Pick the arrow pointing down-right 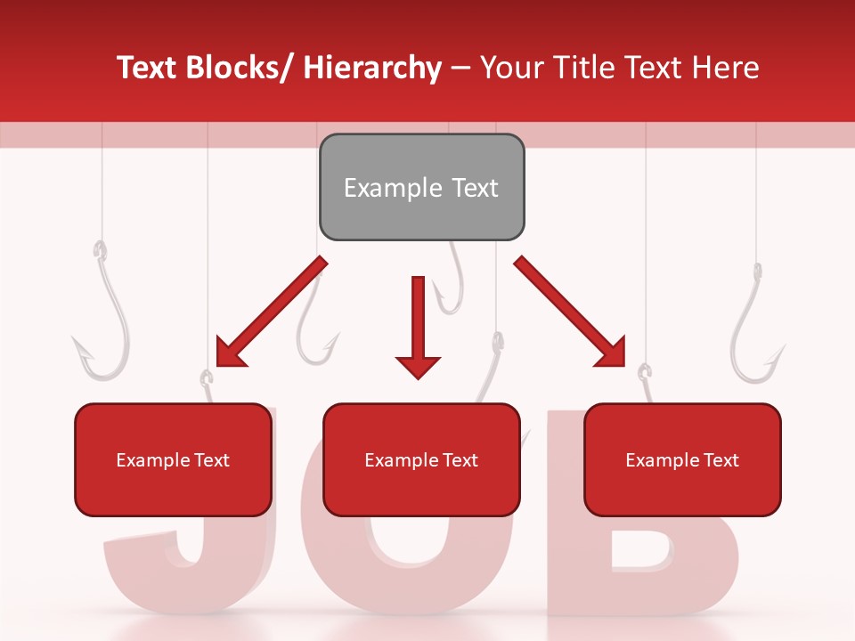point(570,312)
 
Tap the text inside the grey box point(421,188)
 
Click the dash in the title point(460,69)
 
